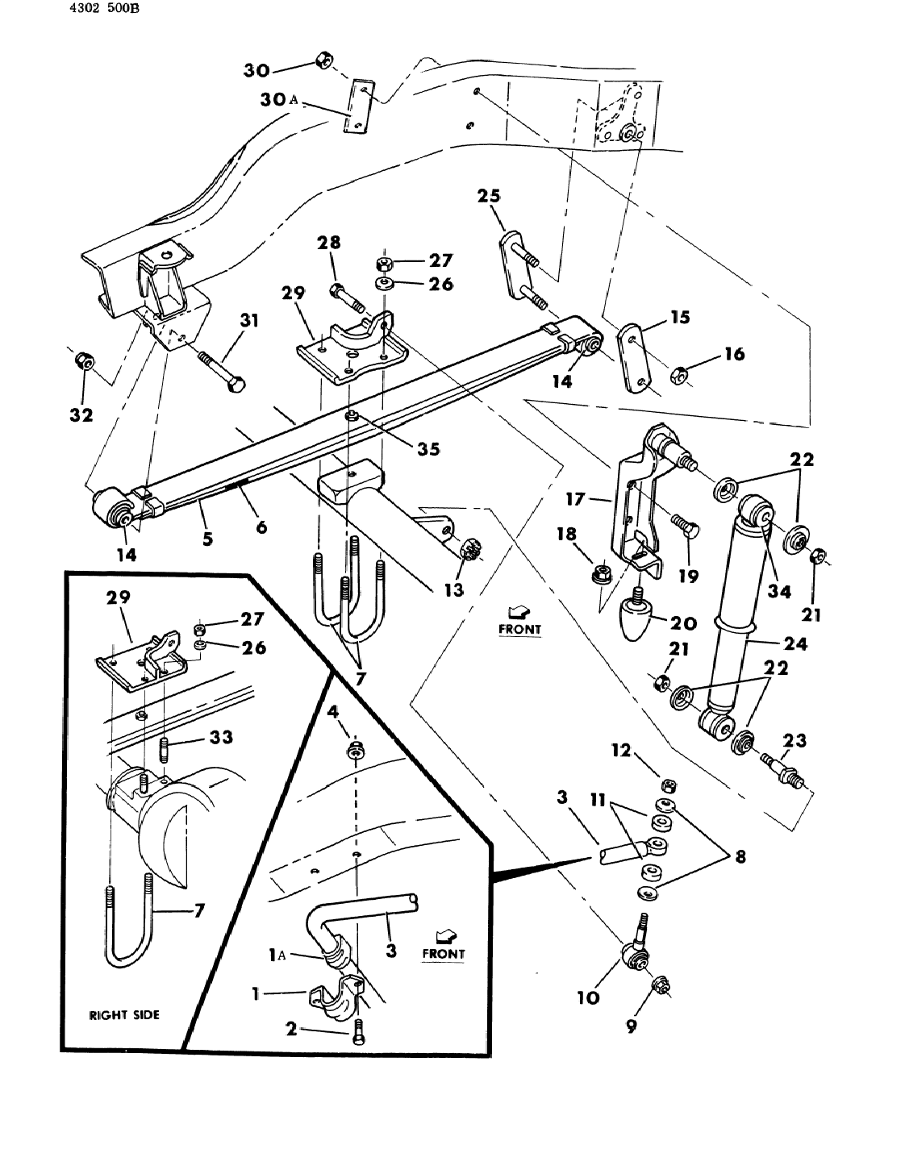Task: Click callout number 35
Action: coord(428,448)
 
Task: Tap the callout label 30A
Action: coord(279,100)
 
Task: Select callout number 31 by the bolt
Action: coord(249,321)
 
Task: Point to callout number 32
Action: coord(81,414)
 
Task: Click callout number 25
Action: coord(489,196)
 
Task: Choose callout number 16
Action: coord(734,353)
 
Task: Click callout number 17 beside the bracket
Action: coord(575,499)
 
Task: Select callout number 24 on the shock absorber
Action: coord(794,643)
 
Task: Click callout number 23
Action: coord(794,740)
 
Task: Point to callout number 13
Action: coord(454,589)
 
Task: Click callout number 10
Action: coord(589,997)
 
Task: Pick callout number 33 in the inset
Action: coord(221,737)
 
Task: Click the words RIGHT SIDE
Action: coord(124,1015)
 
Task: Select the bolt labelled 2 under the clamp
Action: coord(358,1033)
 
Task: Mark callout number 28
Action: coord(329,243)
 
